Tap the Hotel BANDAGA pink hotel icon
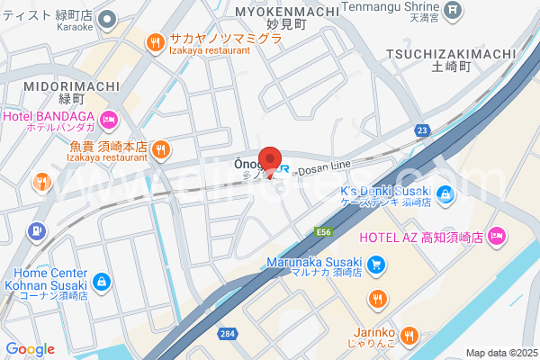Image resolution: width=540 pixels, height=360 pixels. (109, 119)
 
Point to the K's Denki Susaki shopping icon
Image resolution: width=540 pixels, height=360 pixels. (444, 192)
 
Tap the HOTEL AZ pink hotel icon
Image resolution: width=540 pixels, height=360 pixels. (499, 237)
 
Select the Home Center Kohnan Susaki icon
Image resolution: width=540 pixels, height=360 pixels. (102, 283)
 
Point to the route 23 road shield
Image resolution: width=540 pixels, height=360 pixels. (421, 131)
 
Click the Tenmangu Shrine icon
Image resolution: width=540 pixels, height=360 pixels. (454, 10)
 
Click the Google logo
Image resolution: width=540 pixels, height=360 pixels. (30, 349)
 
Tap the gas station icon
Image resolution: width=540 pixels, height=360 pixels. (37, 231)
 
